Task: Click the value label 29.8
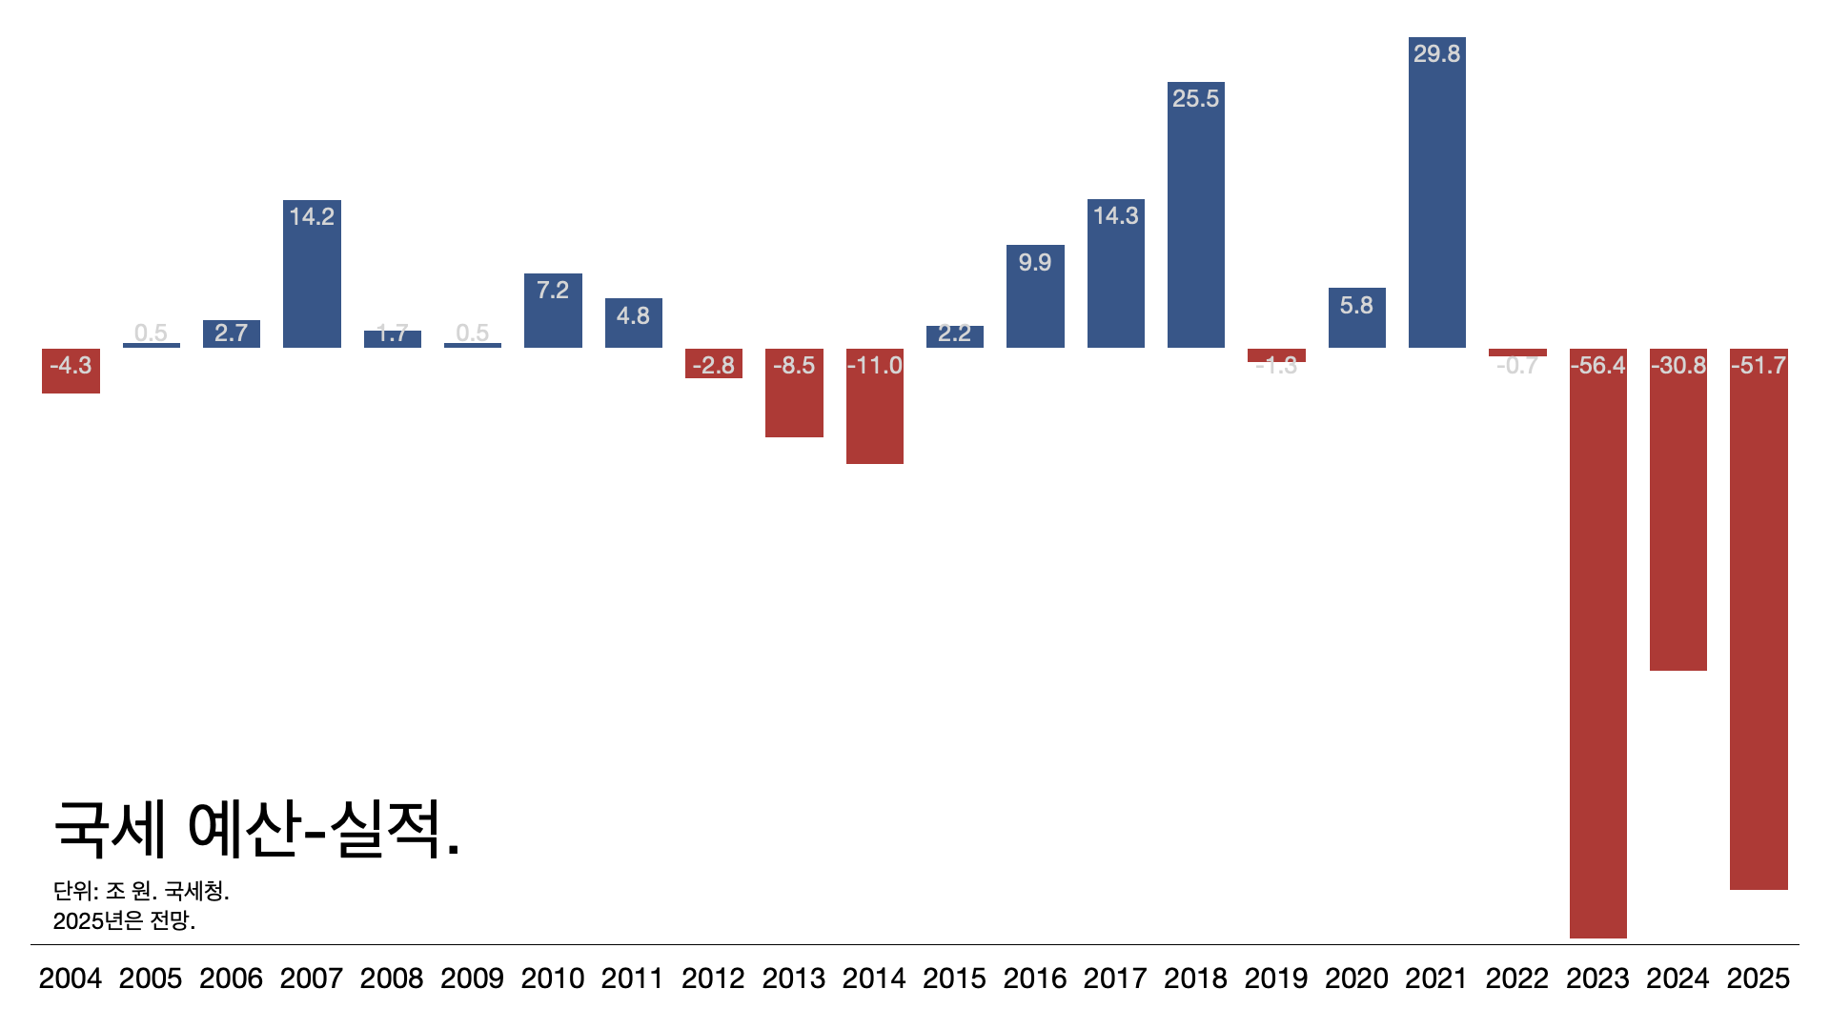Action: click(1436, 53)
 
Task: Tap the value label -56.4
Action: click(1597, 365)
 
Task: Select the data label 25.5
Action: click(1195, 98)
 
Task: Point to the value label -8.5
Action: click(794, 365)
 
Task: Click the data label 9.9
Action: click(1035, 262)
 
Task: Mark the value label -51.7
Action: click(1759, 365)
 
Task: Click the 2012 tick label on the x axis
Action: click(713, 979)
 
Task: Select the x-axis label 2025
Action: click(1759, 979)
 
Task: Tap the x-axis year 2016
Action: click(1035, 979)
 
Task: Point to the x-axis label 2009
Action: click(472, 979)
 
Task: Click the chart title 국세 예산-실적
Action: click(257, 829)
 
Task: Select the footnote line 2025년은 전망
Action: click(124, 920)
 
